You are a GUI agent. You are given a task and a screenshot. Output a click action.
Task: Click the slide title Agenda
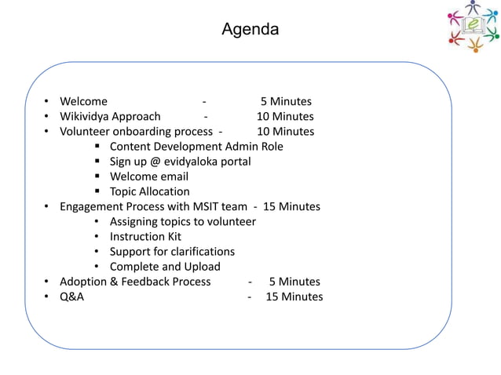(x=250, y=30)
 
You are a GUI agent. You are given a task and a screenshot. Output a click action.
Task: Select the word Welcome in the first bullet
(x=84, y=101)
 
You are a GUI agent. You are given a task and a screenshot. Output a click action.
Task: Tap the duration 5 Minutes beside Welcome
(x=286, y=101)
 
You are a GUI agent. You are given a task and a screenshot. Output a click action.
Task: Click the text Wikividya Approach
(x=110, y=116)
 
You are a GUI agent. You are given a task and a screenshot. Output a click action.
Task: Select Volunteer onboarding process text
(x=136, y=131)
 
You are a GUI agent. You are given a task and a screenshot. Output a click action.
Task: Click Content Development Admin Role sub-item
(x=196, y=146)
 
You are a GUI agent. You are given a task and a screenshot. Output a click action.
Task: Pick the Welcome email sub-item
(x=149, y=177)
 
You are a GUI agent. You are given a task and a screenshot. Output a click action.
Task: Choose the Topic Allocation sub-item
(x=149, y=191)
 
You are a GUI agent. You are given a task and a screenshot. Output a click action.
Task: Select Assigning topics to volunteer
(x=182, y=221)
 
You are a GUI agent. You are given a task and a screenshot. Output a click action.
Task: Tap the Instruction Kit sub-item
(x=145, y=236)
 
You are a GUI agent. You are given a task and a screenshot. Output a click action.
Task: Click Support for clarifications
(x=172, y=251)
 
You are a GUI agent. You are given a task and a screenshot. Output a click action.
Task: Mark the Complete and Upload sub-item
(x=165, y=266)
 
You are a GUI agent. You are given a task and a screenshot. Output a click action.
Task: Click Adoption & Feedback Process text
(x=135, y=281)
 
